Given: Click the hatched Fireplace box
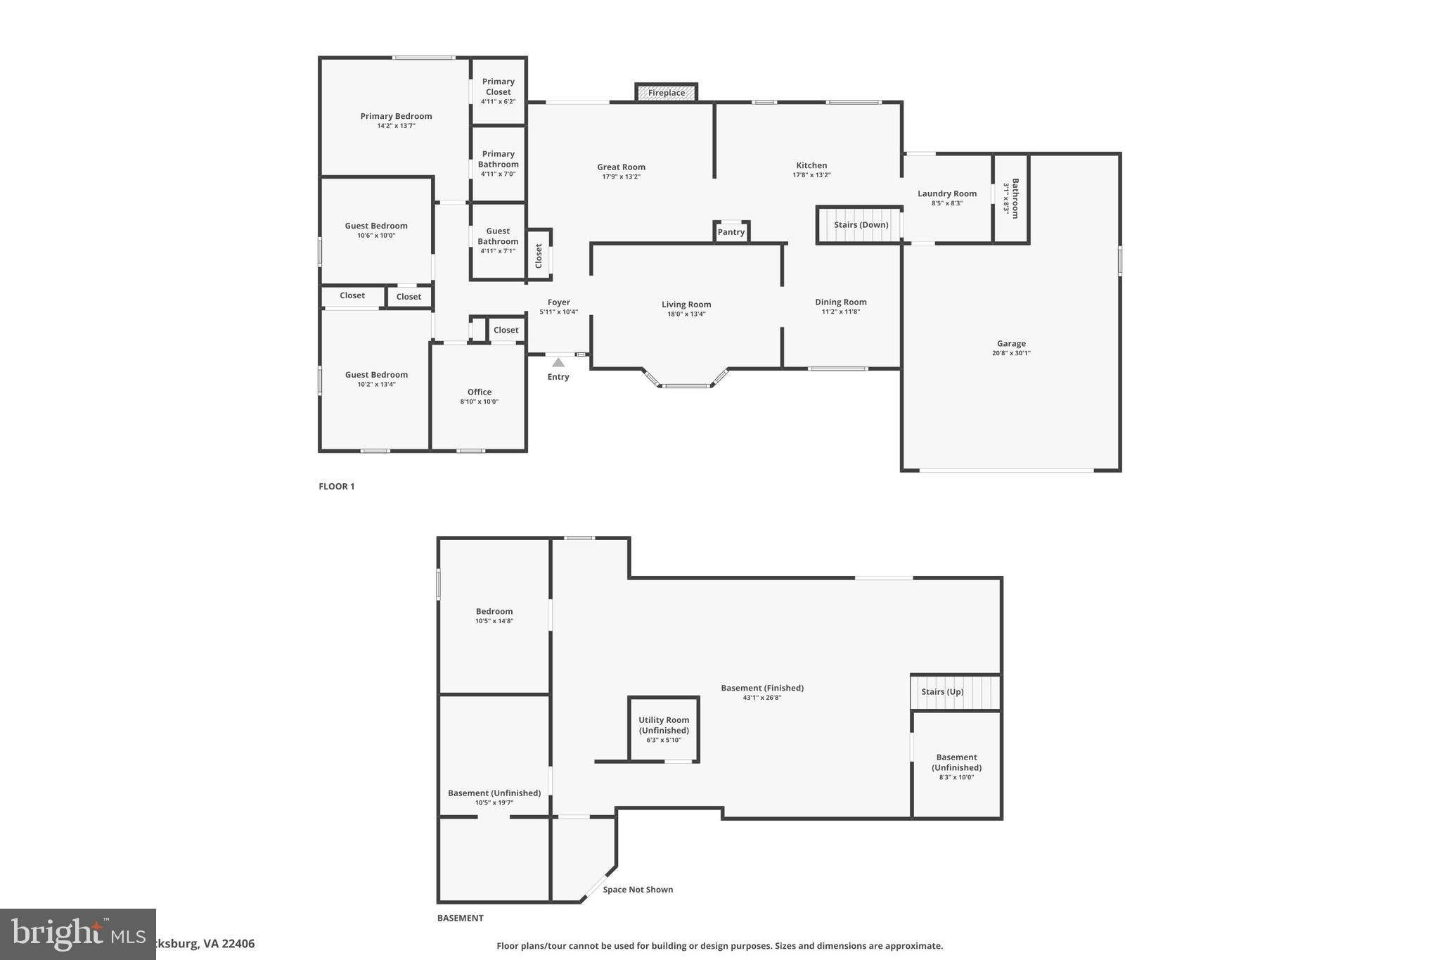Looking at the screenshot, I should coord(666,93).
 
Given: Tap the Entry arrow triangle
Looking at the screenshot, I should coord(558,362).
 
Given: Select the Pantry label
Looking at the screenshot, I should coord(731,232).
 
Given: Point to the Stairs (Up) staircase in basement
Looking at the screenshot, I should coord(955,692).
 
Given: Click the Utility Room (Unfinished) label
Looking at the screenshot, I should coord(664,725).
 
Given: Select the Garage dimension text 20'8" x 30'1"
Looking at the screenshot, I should coord(1011,354).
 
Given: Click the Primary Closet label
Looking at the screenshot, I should coord(498,87).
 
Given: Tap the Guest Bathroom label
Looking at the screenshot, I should coord(498,236).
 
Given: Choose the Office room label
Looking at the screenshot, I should coord(480,392).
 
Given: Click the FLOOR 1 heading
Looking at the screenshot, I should coord(337,487).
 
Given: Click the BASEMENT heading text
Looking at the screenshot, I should coord(461,918).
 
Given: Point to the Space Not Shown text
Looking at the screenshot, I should coord(638,890).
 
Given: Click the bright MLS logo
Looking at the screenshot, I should coord(78,934).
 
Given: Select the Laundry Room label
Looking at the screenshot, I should coord(947,193).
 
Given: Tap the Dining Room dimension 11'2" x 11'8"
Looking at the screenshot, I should coord(841,312).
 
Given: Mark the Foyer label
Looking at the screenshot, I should coord(559,302).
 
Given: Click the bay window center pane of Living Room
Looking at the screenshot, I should coord(686,386).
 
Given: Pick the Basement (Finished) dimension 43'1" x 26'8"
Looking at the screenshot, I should coord(762,698).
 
